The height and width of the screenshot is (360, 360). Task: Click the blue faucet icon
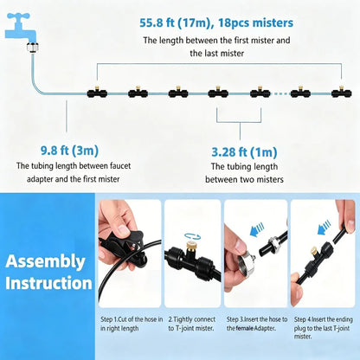pos(21,27)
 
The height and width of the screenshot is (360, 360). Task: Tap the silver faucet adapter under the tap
pos(33,48)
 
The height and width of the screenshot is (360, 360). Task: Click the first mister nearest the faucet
pos(97,92)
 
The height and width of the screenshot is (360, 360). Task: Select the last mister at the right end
pos(342,92)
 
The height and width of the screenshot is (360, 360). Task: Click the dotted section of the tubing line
pos(280,93)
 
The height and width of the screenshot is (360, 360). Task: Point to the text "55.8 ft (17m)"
pos(175,22)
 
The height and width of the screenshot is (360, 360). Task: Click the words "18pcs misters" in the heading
pos(255,22)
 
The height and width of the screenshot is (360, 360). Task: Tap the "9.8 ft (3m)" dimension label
pos(69,151)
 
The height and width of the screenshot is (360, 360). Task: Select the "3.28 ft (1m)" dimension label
pos(244,152)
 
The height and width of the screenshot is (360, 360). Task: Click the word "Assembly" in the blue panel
pos(45,261)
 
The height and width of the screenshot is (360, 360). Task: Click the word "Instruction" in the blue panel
pos(48,283)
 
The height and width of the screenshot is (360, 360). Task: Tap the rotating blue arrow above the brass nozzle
pos(193,235)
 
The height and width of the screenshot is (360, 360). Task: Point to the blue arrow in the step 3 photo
pos(257,228)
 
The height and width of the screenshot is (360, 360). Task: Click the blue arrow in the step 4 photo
pos(324,227)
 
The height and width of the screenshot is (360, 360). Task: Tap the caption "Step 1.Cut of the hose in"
pos(132,319)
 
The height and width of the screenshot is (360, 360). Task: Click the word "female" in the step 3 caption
pos(245,328)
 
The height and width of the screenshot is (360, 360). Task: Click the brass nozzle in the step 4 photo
pos(312,253)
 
